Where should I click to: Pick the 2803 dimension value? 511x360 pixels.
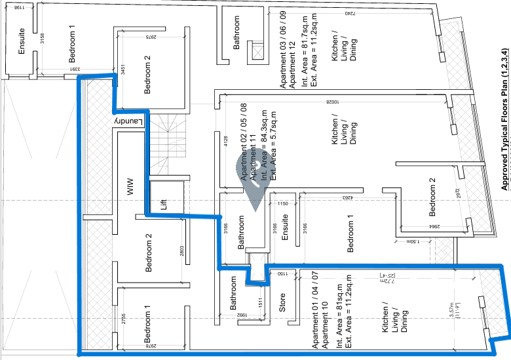coord(181,233)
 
